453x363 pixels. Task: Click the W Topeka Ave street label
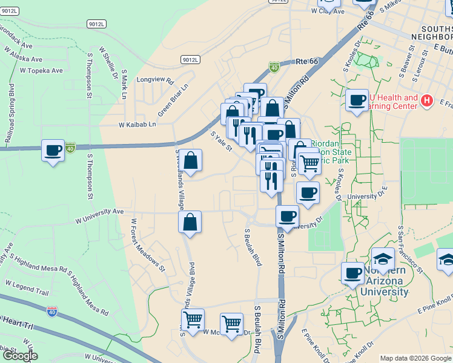41,71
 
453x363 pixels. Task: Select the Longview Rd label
155,80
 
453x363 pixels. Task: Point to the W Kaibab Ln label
137,124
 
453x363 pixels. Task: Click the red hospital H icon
428,100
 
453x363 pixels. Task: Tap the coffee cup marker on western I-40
53,149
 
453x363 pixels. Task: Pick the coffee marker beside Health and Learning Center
357,100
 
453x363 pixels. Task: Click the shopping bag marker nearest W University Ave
190,221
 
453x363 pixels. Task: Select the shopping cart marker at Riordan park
309,162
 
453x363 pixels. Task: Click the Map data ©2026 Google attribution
415,358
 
